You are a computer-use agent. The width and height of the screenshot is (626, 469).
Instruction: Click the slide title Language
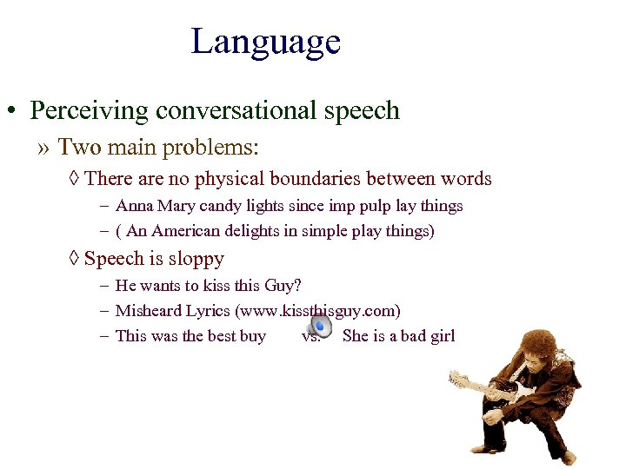click(265, 42)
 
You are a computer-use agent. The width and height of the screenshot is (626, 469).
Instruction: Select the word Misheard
click(150, 311)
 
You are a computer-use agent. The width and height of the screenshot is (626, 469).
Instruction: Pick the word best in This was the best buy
click(223, 336)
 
